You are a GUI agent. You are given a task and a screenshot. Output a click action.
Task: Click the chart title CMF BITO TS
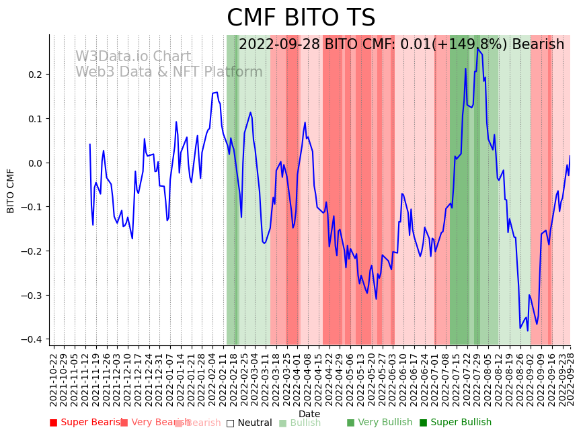pos(301,18)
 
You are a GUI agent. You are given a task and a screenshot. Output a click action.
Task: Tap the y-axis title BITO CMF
pos(11,191)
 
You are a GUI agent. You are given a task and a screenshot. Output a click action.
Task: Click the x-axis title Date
pos(309,414)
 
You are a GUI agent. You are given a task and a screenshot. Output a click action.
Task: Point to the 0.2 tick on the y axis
pos(34,75)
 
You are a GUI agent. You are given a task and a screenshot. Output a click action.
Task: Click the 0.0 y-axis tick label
pos(34,163)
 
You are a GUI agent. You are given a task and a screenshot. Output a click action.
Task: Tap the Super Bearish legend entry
pos(86,423)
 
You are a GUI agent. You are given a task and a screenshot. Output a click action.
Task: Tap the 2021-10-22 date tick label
pos(54,380)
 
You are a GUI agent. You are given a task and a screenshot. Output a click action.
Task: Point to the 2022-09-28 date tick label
pos(570,380)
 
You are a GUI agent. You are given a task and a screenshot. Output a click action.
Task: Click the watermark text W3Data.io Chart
pos(133,57)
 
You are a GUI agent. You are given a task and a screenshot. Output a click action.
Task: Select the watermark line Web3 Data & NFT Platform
pos(169,72)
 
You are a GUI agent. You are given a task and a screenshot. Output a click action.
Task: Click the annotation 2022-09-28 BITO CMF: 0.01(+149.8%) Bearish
pos(401,44)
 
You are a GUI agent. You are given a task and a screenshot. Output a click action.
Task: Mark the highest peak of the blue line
pos(477,48)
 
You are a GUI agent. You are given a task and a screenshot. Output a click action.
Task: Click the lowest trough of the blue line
pos(528,331)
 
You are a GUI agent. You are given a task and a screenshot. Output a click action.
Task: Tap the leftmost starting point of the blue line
pos(89,144)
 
